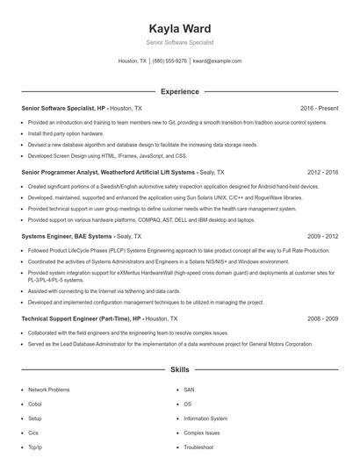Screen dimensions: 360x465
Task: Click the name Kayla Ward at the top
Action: pyautogui.click(x=179, y=28)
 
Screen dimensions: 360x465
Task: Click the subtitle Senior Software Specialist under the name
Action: pyautogui.click(x=179, y=42)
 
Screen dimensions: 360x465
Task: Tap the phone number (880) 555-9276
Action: pyautogui.click(x=169, y=61)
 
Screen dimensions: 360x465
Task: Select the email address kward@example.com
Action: pyautogui.click(x=217, y=61)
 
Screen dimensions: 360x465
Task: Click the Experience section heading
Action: pyautogui.click(x=179, y=91)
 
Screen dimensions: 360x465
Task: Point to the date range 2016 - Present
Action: pyautogui.click(x=319, y=109)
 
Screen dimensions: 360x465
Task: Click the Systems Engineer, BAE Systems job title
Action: pyautogui.click(x=67, y=236)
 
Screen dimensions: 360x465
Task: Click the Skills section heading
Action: pyautogui.click(x=179, y=370)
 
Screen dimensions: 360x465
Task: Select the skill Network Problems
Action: pyautogui.click(x=48, y=390)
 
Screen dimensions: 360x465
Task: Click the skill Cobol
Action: pyautogui.click(x=35, y=404)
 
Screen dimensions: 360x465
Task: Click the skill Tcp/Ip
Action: pyautogui.click(x=35, y=447)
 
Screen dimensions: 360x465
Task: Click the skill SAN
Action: pyautogui.click(x=189, y=390)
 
